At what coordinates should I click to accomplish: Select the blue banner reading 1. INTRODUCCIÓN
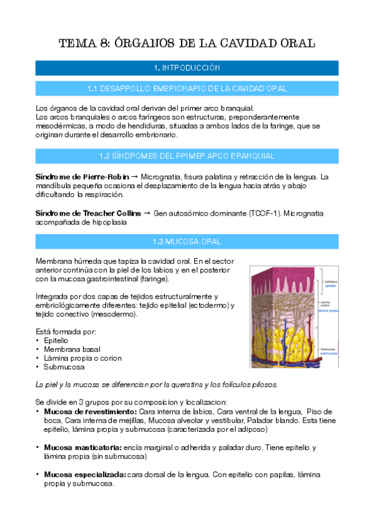(x=187, y=67)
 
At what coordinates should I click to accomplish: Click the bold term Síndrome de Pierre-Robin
(x=79, y=177)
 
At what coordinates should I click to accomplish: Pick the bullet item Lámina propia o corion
(x=82, y=358)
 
